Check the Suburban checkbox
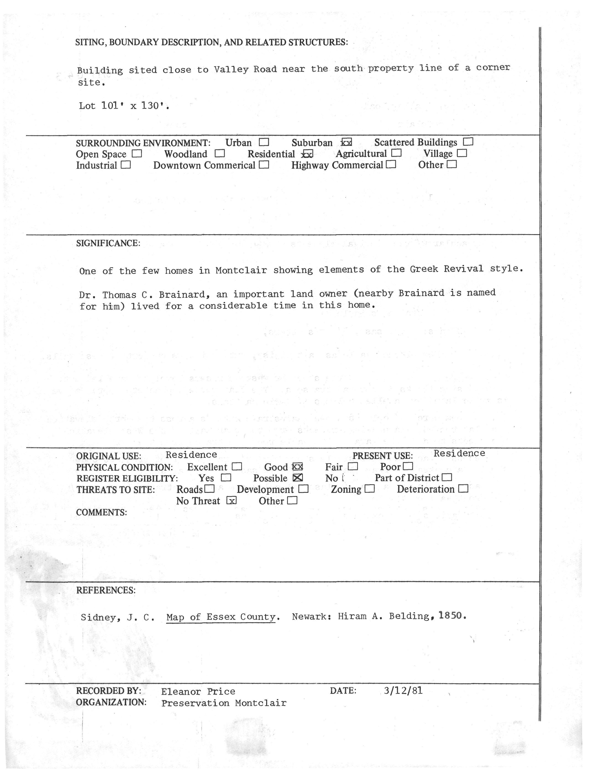tap(346, 142)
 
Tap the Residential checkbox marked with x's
tap(307, 154)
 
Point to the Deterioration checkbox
tap(463, 489)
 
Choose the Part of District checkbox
tap(447, 477)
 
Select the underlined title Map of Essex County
tap(221, 617)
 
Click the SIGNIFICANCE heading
tap(108, 243)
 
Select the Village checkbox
tap(462, 153)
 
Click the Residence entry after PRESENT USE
tap(459, 453)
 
